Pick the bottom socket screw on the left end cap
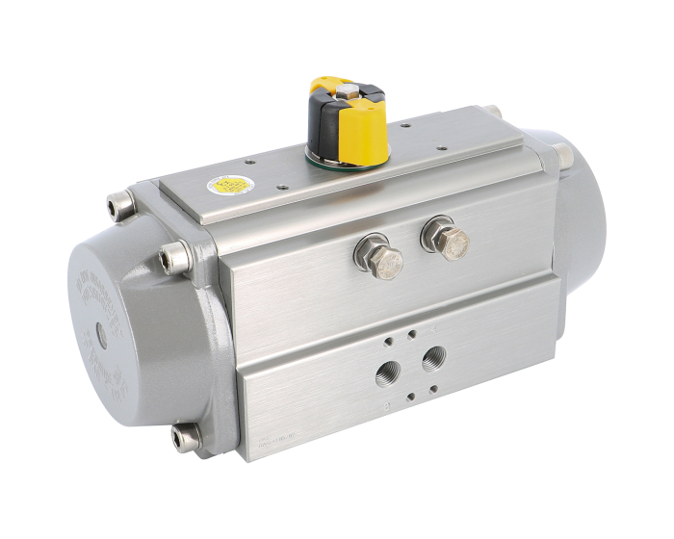coord(182,439)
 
